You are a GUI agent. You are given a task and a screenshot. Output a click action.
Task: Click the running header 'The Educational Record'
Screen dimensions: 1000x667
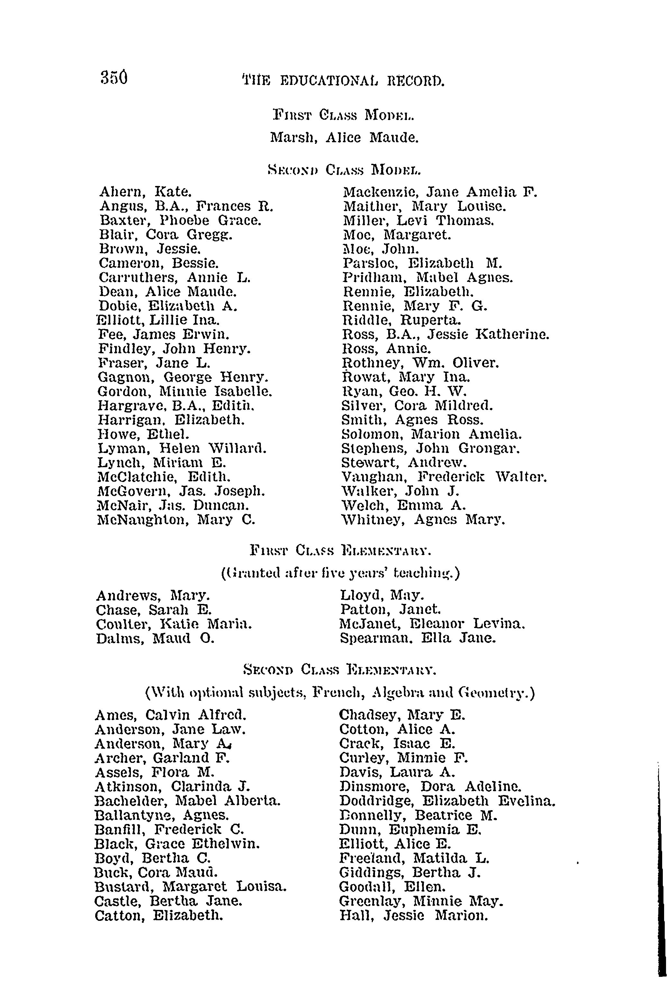pos(343,80)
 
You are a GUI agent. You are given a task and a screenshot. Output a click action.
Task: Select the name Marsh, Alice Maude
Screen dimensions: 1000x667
pos(344,137)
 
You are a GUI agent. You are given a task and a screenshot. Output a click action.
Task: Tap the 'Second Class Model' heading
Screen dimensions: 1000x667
pos(344,170)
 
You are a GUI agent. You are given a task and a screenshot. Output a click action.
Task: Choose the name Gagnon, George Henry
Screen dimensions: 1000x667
pos(183,377)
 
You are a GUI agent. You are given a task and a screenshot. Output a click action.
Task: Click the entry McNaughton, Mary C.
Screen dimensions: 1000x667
pos(176,520)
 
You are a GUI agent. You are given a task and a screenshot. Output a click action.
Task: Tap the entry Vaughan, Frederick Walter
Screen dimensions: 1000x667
pos(444,477)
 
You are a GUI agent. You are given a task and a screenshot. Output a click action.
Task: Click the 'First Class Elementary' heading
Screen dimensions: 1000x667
pos(340,551)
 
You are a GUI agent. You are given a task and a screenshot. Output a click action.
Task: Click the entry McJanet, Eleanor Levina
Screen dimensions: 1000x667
pos(433,624)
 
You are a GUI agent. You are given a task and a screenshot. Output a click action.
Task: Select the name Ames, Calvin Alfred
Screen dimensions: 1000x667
pos(170,715)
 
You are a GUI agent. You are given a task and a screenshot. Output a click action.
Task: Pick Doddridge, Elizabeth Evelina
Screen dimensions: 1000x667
pos(447,801)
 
